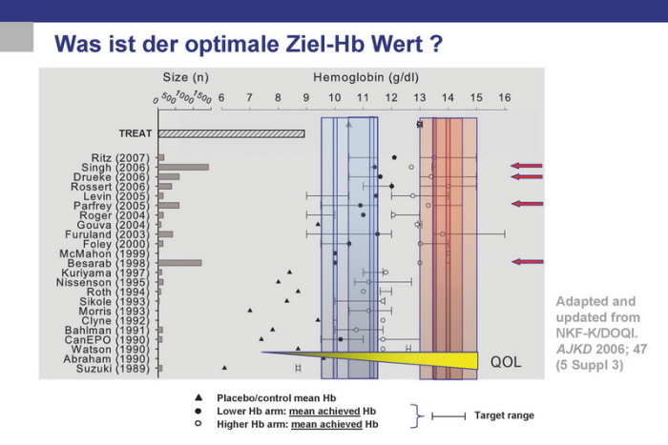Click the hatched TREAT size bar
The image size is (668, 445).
(231, 133)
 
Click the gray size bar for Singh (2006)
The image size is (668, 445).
(183, 167)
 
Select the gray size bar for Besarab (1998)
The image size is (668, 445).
(179, 262)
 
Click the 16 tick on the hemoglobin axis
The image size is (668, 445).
(505, 97)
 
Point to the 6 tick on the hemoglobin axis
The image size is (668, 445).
(221, 97)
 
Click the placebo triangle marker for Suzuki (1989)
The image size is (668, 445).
(225, 367)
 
